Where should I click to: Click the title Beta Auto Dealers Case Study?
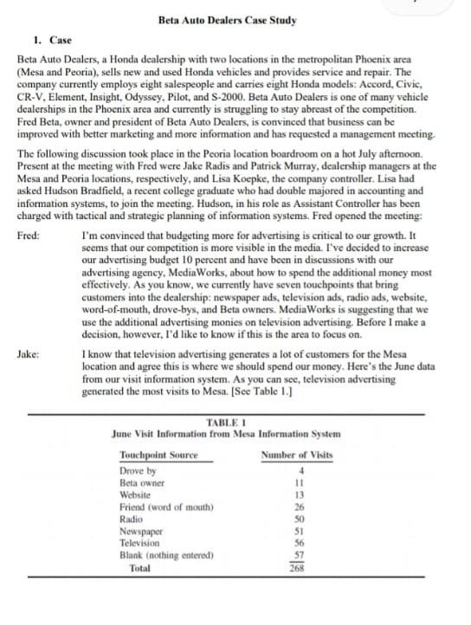pos(228,20)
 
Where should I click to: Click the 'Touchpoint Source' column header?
pos(158,454)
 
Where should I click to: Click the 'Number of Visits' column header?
pos(296,454)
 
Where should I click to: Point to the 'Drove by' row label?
pos(138,471)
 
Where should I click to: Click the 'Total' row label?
pos(139,569)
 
